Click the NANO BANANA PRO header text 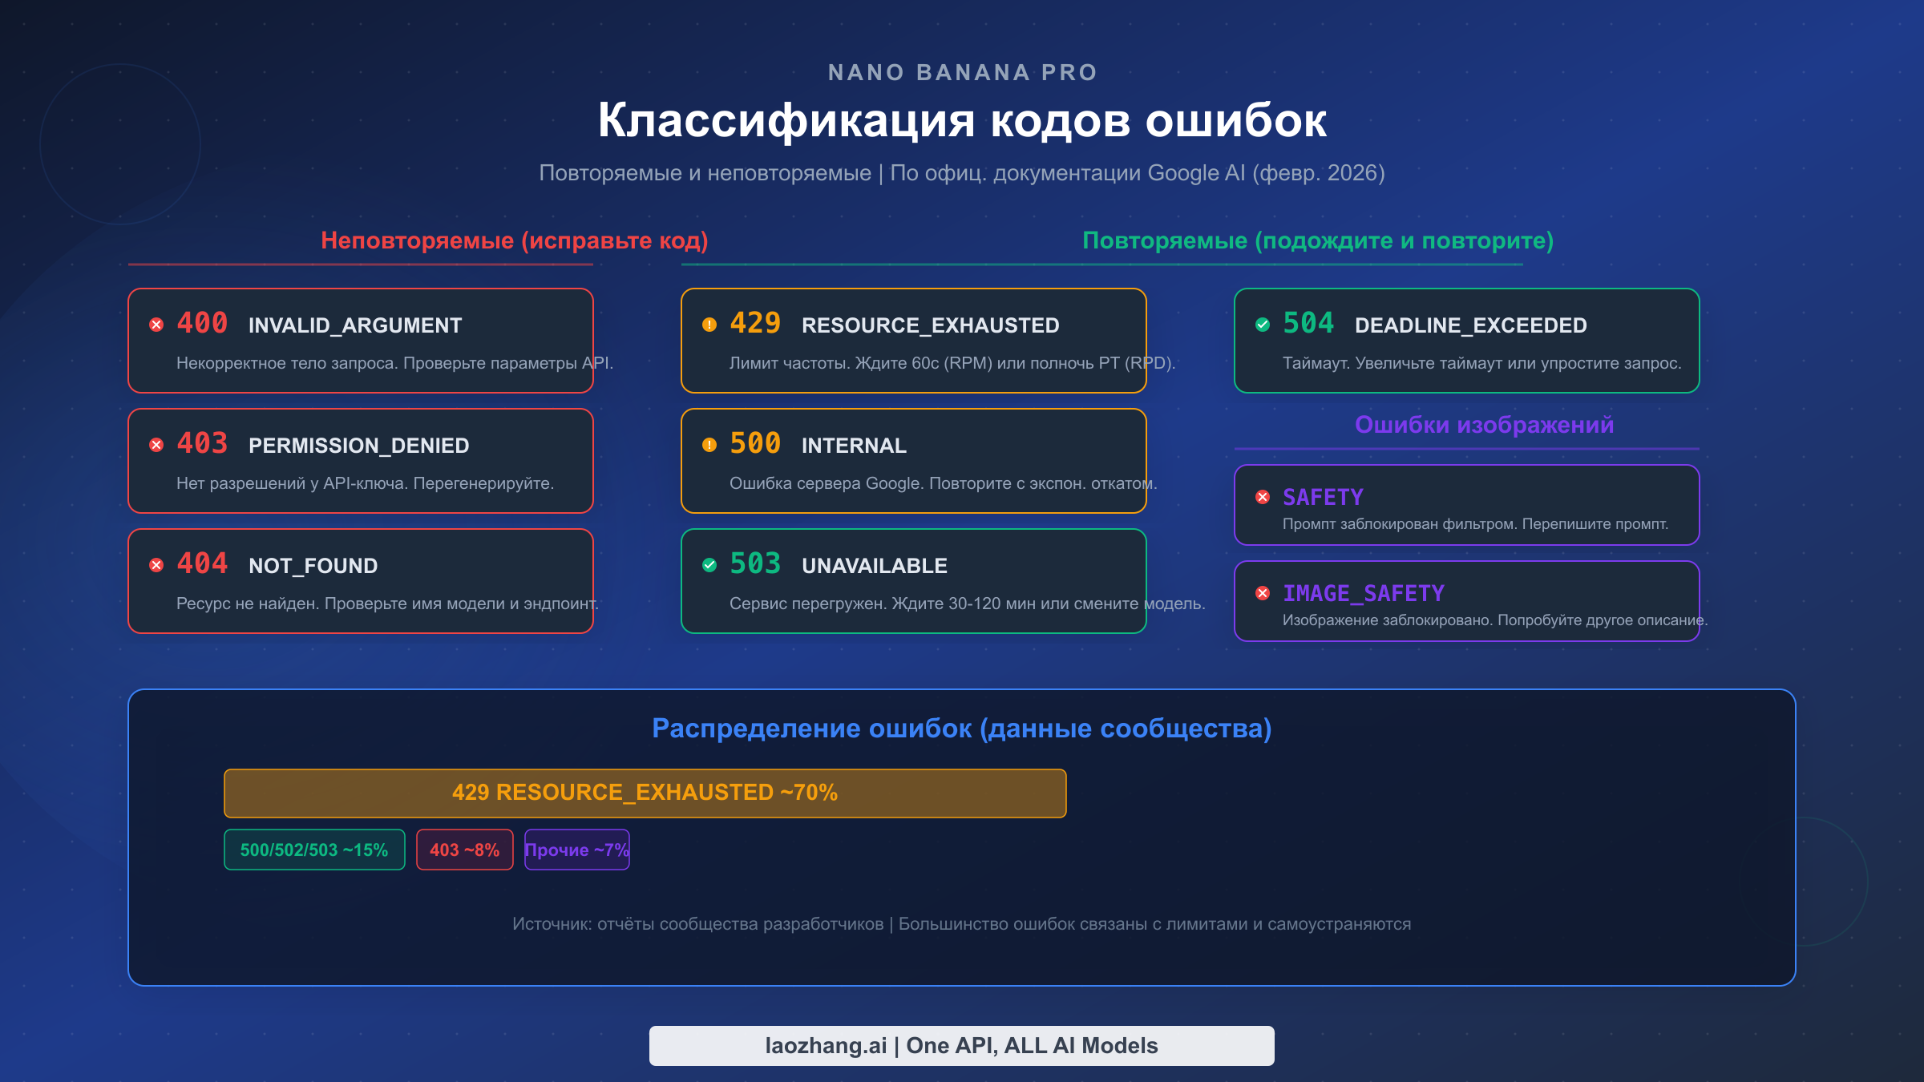[962, 73]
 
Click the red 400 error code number [202, 323]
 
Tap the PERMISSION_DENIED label [358, 446]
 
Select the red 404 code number [202, 563]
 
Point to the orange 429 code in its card [755, 323]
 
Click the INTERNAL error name [854, 446]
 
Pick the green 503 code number [755, 563]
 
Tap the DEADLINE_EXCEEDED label [1470, 325]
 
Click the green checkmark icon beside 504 [1263, 325]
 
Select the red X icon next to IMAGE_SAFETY [1263, 593]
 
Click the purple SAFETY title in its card [1323, 498]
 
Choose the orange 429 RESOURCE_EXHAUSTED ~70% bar [645, 793]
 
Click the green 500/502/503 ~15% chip [314, 850]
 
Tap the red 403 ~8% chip [464, 850]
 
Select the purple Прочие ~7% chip [576, 850]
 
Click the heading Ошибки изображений [1484, 425]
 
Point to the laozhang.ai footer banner [961, 1045]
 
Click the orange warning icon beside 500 [709, 445]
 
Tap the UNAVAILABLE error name [874, 566]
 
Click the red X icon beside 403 [156, 445]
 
